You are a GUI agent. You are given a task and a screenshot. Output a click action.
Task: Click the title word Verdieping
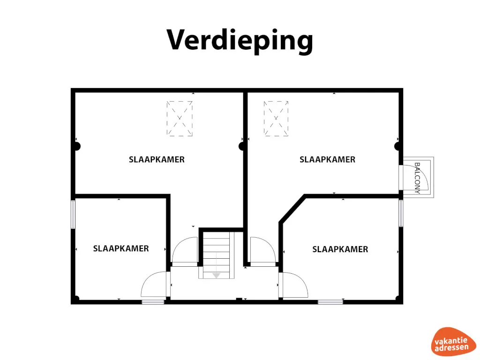click(x=240, y=40)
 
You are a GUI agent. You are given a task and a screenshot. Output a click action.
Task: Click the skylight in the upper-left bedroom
click(x=180, y=119)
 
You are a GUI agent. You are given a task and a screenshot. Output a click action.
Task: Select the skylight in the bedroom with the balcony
click(x=276, y=119)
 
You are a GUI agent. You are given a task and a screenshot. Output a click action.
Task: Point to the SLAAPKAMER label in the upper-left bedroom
click(x=157, y=159)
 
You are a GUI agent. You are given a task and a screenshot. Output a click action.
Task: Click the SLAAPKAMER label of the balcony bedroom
click(x=327, y=159)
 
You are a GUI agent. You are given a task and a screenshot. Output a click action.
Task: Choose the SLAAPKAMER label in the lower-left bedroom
click(x=121, y=248)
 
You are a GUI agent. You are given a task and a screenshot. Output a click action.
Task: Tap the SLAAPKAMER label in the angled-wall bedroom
click(x=340, y=249)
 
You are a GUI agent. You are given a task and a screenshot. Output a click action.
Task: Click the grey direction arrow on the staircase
click(x=216, y=275)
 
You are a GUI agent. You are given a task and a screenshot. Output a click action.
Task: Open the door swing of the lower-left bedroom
click(x=154, y=285)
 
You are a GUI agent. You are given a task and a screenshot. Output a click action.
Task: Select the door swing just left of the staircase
click(x=185, y=252)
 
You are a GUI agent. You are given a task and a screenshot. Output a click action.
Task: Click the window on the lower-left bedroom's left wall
click(x=73, y=214)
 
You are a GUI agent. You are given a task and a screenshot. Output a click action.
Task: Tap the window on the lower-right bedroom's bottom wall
click(x=330, y=302)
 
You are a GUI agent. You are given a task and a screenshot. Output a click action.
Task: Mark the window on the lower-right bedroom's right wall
click(x=401, y=213)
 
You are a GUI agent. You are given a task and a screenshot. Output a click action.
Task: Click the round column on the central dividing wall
click(x=242, y=146)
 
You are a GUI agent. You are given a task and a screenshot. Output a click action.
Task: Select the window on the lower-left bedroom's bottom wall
click(x=153, y=302)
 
